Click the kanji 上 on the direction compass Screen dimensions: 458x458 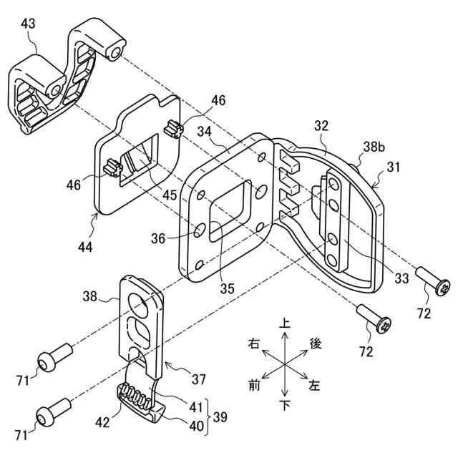(285, 323)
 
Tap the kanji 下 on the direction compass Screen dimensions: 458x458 (285, 406)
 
